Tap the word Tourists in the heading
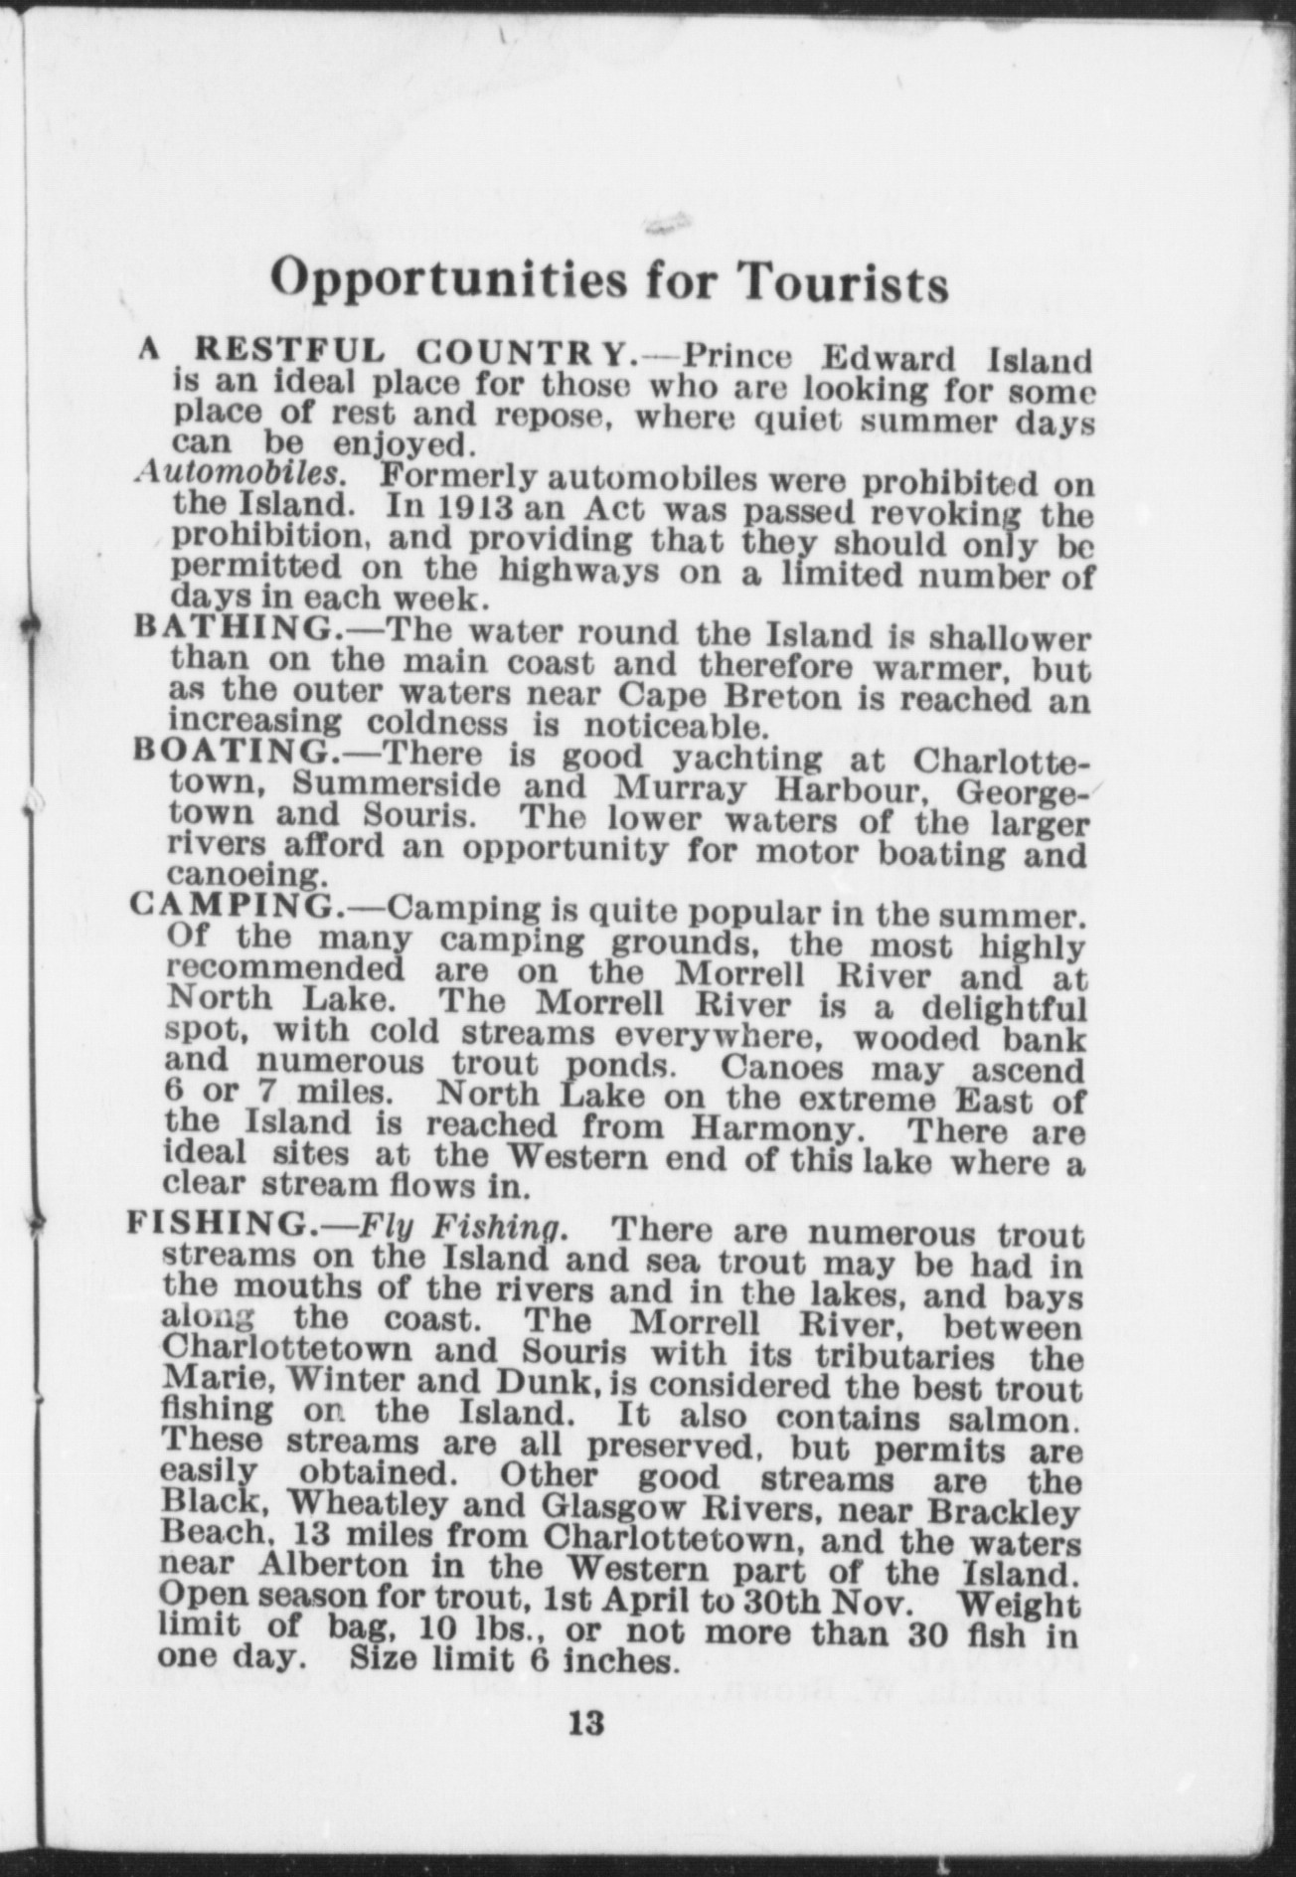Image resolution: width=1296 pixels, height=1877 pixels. point(844,282)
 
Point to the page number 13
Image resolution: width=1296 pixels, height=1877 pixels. point(587,1722)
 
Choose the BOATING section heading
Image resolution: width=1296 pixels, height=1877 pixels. point(231,750)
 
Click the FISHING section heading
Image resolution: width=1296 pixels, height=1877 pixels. point(217,1221)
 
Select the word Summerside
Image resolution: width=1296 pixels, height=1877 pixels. point(397,783)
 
